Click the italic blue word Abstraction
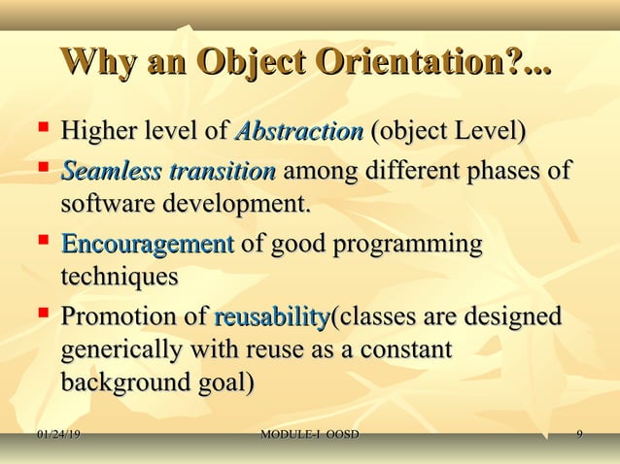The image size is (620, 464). pos(299,130)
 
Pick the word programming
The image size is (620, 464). pos(408,246)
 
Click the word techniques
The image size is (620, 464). pos(120,277)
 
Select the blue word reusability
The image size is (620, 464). pos(272,317)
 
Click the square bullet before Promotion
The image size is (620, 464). pos(42,315)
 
